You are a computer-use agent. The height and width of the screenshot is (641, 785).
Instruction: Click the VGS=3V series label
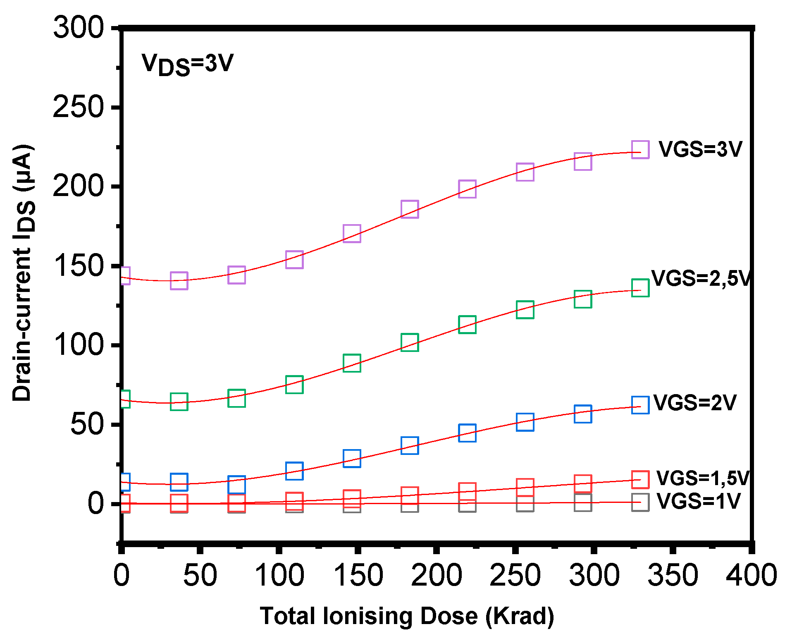[x=700, y=149]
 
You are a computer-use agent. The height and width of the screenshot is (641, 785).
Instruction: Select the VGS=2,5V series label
[x=700, y=278]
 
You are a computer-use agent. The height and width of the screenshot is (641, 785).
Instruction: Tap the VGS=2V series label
[x=695, y=403]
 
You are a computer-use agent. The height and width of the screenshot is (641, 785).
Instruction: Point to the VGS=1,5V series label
[x=702, y=478]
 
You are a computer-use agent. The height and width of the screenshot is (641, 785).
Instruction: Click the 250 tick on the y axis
[x=78, y=107]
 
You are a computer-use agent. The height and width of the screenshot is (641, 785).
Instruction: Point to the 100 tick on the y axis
[x=78, y=345]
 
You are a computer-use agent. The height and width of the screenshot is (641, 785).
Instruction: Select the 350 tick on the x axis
[x=673, y=575]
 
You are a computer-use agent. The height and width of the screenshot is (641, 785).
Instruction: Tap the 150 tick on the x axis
[x=358, y=575]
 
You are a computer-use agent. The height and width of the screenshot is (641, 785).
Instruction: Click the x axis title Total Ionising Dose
[x=407, y=616]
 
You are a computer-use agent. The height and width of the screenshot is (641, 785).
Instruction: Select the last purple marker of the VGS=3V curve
[x=640, y=150]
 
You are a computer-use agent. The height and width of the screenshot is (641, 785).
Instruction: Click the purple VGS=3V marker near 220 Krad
[x=467, y=189]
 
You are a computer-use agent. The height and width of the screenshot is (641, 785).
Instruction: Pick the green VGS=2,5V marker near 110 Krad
[x=294, y=385]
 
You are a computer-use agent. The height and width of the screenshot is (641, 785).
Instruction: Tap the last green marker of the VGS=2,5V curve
[x=640, y=288]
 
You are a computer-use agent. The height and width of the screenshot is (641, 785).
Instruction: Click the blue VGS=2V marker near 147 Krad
[x=352, y=458]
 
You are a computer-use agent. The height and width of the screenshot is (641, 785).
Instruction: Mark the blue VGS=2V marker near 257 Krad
[x=525, y=422]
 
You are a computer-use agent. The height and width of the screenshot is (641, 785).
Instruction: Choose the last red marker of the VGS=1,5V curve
[x=640, y=480]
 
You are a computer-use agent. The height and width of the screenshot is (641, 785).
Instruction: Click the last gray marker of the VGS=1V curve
[x=640, y=502]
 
